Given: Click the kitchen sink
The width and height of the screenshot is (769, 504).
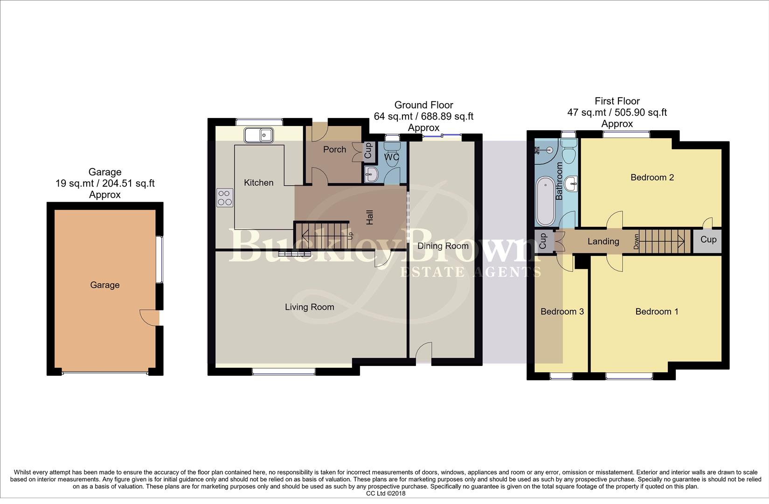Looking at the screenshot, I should [x=258, y=135].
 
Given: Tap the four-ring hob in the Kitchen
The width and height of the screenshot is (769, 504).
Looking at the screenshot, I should [x=225, y=197].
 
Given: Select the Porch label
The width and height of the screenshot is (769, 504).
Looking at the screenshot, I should [x=334, y=149].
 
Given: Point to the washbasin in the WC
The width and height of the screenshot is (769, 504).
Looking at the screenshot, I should [x=372, y=175].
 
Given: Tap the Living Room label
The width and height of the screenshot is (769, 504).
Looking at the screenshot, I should [x=310, y=307].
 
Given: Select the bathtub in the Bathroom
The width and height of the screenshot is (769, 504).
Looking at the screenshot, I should [x=544, y=201].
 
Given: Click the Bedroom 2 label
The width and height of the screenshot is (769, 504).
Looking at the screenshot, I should [x=652, y=177].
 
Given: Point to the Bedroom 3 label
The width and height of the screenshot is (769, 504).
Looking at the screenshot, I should [x=562, y=311].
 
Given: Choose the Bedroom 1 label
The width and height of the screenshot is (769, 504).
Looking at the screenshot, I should [x=657, y=311].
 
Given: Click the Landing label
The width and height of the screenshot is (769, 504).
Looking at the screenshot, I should [x=603, y=241].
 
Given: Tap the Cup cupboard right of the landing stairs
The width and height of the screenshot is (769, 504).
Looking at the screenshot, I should [x=708, y=240].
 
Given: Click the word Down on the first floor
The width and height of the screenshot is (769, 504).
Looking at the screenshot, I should [x=636, y=242].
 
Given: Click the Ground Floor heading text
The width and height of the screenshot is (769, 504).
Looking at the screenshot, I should [x=423, y=105].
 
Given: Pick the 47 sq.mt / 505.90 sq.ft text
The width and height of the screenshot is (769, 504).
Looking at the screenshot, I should [x=617, y=112].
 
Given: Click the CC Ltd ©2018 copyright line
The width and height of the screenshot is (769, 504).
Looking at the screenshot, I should [x=386, y=493].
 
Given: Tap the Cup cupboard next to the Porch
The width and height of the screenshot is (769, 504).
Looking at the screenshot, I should [x=367, y=150].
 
